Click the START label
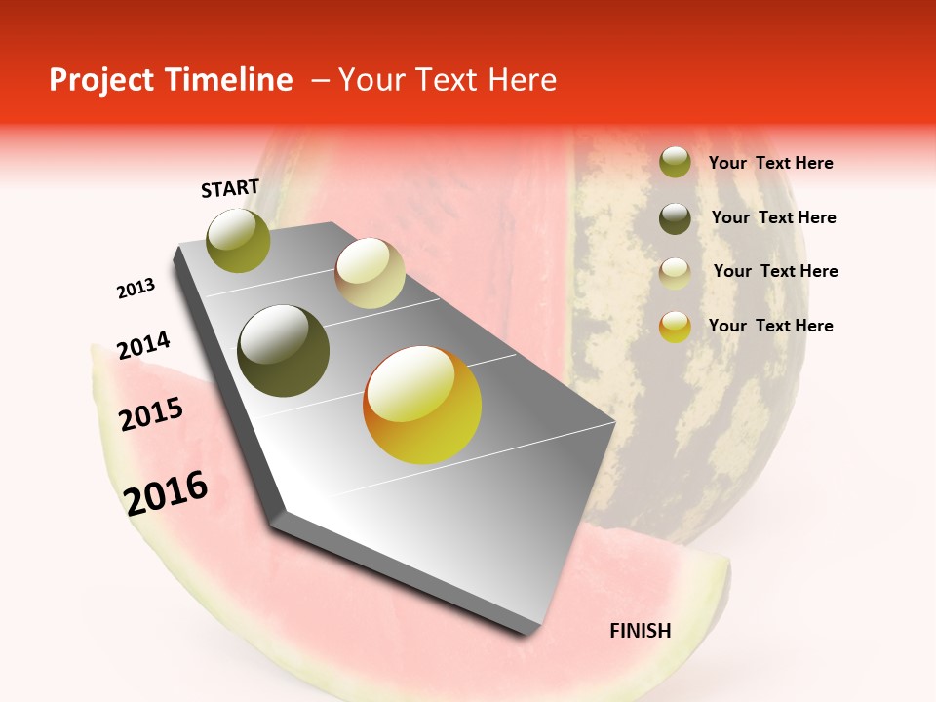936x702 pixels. point(230,188)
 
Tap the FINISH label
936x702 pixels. point(641,631)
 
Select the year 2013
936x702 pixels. point(136,289)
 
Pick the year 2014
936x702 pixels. point(143,346)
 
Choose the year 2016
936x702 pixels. point(166,493)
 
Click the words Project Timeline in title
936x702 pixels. point(171,80)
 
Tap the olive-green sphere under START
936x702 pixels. point(239,240)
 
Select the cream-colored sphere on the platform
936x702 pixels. point(370,273)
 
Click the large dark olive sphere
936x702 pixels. point(284,351)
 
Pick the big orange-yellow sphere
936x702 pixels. point(422,405)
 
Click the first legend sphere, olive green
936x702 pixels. point(675,162)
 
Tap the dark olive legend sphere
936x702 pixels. point(675,218)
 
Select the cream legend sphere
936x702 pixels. point(675,273)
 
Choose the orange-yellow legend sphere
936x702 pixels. point(675,327)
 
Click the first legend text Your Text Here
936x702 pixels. point(770,164)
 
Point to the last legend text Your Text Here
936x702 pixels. point(770,326)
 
